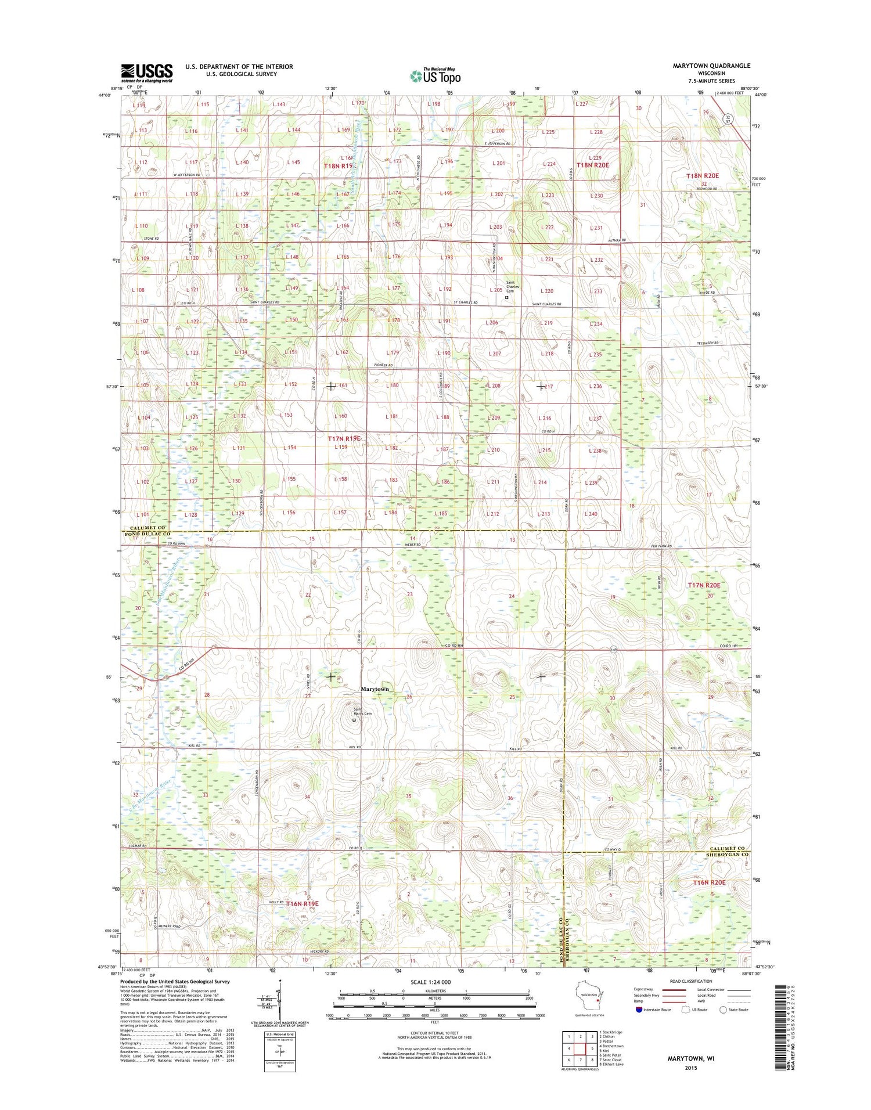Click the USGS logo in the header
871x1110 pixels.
(147, 73)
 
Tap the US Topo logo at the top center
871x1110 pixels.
(435, 75)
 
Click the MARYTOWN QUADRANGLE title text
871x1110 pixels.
(711, 66)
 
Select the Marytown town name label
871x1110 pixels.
(375, 689)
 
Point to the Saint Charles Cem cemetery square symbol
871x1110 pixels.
(506, 297)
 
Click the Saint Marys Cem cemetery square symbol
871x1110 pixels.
(354, 720)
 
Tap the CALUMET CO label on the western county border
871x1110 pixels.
(144, 527)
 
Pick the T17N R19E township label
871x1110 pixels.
(347, 439)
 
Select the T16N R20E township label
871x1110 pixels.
(709, 882)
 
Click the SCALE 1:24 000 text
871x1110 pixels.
(434, 982)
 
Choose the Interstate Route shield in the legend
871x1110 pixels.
(639, 1010)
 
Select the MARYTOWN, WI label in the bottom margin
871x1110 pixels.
(691, 1058)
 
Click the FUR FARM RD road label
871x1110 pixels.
(661, 546)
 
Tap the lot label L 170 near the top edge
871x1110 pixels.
(358, 103)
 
